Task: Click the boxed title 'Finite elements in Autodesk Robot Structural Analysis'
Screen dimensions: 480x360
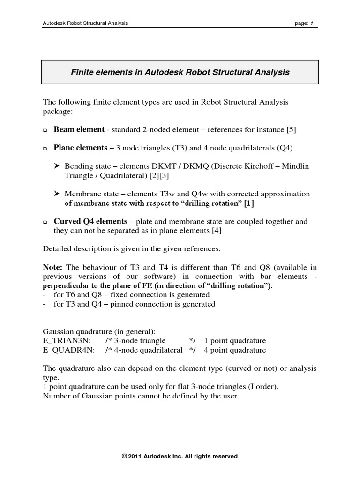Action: pos(180,72)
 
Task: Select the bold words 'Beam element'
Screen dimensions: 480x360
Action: pos(79,129)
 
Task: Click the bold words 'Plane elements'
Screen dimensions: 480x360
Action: pos(80,148)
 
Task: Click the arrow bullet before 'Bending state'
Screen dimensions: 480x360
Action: pos(57,166)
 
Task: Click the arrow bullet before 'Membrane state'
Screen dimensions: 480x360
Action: pos(57,194)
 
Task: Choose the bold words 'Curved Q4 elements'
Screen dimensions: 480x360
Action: pos(90,221)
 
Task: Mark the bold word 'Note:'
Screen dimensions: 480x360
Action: pos(52,267)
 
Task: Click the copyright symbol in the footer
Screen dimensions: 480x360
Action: pos(125,456)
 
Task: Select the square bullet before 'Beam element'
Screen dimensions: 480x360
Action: pos(45,130)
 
